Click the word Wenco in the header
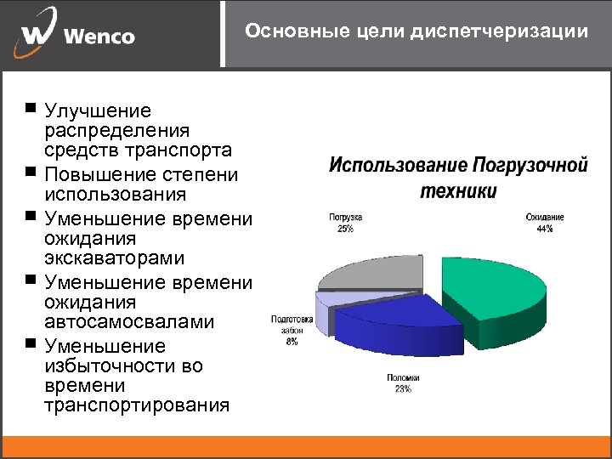click(x=99, y=37)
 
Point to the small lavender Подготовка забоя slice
click(x=326, y=304)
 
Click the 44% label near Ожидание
click(x=544, y=229)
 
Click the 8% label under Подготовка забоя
click(x=292, y=343)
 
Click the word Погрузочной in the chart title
click(x=530, y=164)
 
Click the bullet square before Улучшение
click(x=31, y=109)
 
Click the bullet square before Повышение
click(x=31, y=173)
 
